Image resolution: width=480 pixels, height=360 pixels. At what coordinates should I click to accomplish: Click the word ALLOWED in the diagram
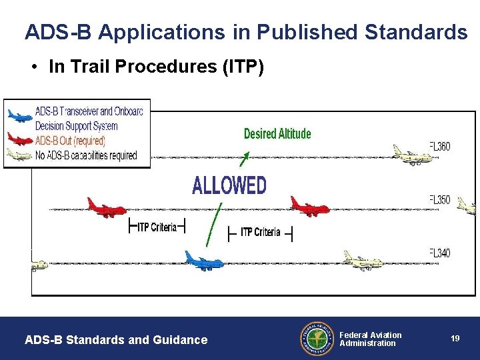[229, 185]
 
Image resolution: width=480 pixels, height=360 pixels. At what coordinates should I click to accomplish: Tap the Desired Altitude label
[277, 133]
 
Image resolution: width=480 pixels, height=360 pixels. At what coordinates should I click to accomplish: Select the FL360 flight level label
[440, 147]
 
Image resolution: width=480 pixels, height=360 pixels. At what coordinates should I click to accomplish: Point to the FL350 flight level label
[440, 199]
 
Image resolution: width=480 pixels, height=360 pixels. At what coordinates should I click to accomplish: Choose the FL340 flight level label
[440, 253]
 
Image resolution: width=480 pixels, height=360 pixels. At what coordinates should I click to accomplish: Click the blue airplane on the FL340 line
[204, 260]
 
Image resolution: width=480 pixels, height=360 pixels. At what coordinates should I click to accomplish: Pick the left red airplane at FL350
[107, 207]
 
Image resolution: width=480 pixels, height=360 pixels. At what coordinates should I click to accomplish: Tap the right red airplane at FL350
[309, 207]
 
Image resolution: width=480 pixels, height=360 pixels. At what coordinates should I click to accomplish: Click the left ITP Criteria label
[157, 227]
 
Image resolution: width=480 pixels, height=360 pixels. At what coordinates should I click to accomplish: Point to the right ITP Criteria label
[261, 232]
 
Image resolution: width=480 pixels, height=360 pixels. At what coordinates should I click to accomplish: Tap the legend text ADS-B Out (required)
[70, 141]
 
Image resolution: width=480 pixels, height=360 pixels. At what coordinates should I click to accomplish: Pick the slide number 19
[455, 339]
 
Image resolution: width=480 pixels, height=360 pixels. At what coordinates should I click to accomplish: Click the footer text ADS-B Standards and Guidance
[116, 340]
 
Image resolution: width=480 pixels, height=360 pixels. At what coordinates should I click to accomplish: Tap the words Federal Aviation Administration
[371, 339]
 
